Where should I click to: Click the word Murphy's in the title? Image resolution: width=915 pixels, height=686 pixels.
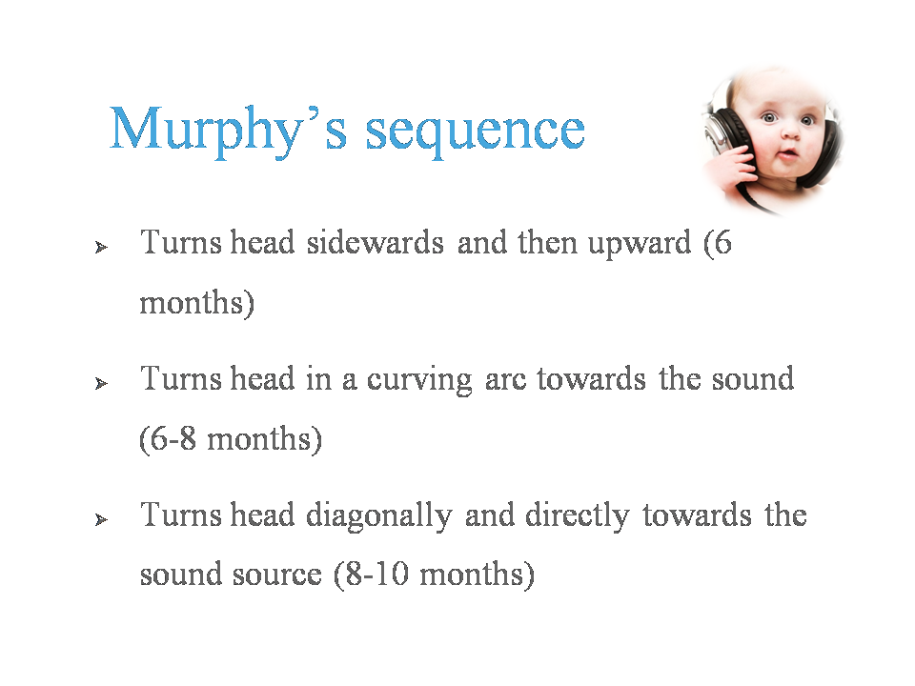228,131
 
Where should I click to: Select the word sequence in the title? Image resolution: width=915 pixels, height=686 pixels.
475,134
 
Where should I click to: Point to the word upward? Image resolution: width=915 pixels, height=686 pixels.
640,245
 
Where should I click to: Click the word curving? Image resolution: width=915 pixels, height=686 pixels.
419,381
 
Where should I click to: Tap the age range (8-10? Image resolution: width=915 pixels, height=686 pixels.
371,575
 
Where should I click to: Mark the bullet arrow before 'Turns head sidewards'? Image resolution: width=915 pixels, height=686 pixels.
102,248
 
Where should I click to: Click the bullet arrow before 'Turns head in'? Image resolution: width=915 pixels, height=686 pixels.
102,383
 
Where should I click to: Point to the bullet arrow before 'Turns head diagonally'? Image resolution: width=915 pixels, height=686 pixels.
102,519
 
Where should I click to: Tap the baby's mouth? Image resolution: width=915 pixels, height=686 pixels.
788,154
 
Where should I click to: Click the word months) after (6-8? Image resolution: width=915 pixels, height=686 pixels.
264,438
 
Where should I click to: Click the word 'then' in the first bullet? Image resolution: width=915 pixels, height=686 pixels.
547,242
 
